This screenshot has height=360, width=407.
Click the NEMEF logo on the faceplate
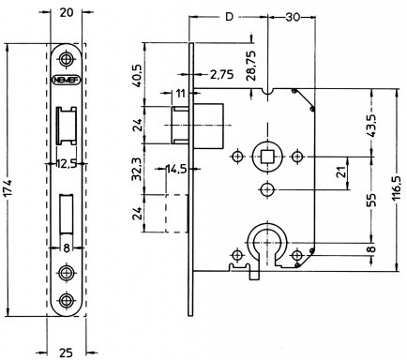[66, 80]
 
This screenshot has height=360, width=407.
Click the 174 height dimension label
[8, 188]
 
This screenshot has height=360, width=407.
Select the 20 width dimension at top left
[66, 12]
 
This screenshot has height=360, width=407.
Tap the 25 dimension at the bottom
[66, 352]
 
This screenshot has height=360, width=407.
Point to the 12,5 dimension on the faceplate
[67, 163]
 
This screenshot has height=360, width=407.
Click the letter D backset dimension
[230, 17]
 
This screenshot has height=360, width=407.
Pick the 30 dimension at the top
[293, 17]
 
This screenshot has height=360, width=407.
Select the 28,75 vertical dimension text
[251, 65]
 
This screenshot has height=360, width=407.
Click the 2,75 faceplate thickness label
[221, 74]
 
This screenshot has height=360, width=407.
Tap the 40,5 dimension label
[138, 75]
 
